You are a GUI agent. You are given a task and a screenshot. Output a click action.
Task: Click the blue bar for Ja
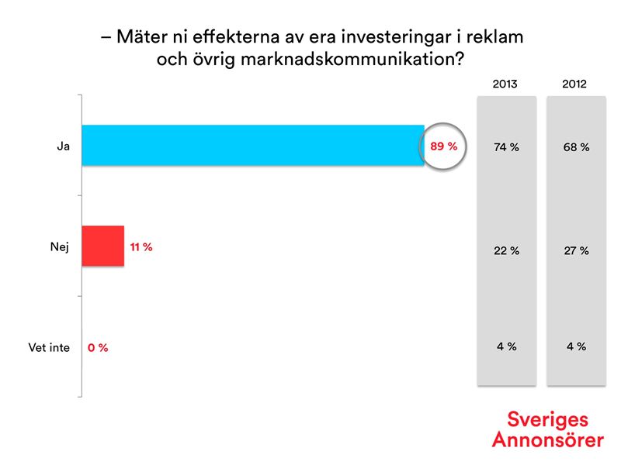coord(252,145)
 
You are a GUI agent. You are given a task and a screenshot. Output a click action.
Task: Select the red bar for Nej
coord(102,246)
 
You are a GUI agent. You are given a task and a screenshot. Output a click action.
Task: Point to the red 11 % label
coord(141,247)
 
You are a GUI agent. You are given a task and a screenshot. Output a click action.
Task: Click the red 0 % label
coord(98,348)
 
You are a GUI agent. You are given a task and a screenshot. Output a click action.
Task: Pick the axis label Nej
coord(60,247)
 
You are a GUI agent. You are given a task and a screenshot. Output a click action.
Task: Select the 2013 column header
coord(505,84)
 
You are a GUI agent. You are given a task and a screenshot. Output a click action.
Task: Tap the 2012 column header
coord(575,84)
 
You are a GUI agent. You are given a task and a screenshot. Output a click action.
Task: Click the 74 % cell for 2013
coord(506,147)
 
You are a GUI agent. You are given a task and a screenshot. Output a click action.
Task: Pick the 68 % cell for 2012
coord(575,147)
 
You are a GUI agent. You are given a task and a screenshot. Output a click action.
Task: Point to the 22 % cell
coord(506,251)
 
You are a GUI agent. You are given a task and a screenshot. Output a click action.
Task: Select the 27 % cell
coord(575,251)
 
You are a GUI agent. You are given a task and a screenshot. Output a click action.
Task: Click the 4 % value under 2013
coord(506,346)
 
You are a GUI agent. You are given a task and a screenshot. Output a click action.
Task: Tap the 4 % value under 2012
coord(575,346)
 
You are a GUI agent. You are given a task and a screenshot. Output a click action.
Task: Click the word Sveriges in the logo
coord(547,420)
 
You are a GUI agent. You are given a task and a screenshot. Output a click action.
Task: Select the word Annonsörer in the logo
coord(547,439)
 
